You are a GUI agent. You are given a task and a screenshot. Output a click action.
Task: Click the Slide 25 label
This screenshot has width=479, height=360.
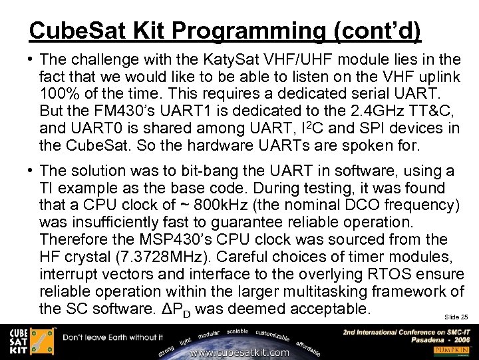456,317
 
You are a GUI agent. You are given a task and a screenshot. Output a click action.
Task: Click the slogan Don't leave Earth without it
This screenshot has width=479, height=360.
113,338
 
